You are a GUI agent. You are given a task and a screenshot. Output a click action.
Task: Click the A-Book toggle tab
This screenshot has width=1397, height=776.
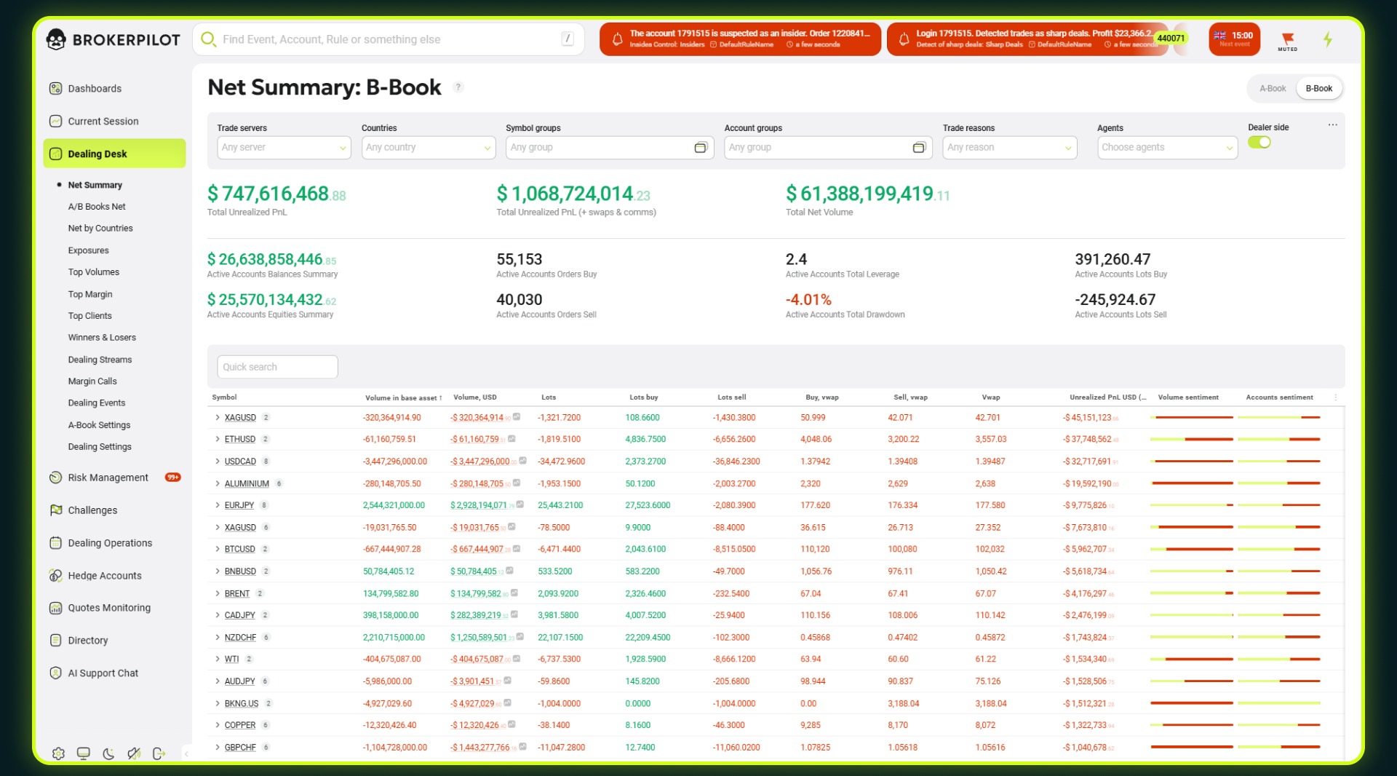(1272, 89)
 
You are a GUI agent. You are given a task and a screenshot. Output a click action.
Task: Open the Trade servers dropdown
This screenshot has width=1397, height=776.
(284, 148)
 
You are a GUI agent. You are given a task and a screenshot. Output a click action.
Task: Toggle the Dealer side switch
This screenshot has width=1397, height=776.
(1259, 143)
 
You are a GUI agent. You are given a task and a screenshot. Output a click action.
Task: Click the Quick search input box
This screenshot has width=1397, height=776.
(277, 367)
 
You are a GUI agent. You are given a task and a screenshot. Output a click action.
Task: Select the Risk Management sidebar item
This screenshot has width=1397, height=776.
(108, 478)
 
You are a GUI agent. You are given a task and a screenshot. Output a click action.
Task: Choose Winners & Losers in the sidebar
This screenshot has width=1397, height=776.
(102, 338)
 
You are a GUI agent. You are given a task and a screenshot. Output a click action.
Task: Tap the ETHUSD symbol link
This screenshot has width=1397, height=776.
(240, 440)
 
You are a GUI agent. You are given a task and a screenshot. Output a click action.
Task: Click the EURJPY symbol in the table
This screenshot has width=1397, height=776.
(239, 505)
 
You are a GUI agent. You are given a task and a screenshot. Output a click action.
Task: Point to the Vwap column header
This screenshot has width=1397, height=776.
(990, 397)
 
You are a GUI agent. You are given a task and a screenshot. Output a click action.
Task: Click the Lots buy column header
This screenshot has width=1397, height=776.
(643, 397)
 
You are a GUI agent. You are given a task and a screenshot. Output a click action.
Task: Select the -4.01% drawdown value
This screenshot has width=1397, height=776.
(808, 300)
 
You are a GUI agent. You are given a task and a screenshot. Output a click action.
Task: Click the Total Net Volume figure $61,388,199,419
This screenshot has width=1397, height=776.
(867, 194)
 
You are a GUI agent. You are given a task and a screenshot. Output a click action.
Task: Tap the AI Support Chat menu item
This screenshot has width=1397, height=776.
(103, 673)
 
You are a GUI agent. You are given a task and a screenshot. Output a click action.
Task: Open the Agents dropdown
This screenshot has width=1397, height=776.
(1167, 148)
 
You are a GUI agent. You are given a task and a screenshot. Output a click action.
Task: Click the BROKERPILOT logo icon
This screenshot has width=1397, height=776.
(56, 39)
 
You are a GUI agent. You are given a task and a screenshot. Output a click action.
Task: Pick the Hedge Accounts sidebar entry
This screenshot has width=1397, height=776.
(104, 576)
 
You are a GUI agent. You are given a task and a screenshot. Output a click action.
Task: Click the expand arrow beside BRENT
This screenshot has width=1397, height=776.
(217, 593)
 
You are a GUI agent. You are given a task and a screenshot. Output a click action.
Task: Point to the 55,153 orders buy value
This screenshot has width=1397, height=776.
(519, 260)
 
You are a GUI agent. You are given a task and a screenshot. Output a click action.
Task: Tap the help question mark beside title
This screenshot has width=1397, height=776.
(458, 87)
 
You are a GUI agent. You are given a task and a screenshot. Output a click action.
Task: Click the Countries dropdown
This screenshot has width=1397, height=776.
(428, 148)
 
